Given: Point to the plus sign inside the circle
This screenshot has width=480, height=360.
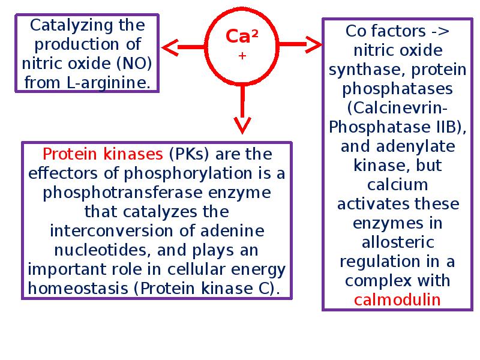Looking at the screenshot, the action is (x=242, y=55).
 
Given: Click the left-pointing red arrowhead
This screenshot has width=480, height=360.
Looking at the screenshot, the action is (x=170, y=46).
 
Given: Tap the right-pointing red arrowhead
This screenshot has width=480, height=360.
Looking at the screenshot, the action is (x=313, y=44).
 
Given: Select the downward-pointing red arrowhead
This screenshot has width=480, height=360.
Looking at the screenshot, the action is (x=242, y=125).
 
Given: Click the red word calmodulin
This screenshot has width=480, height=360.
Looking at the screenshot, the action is (x=397, y=299).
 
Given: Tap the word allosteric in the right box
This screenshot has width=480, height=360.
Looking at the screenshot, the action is (x=398, y=242).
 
